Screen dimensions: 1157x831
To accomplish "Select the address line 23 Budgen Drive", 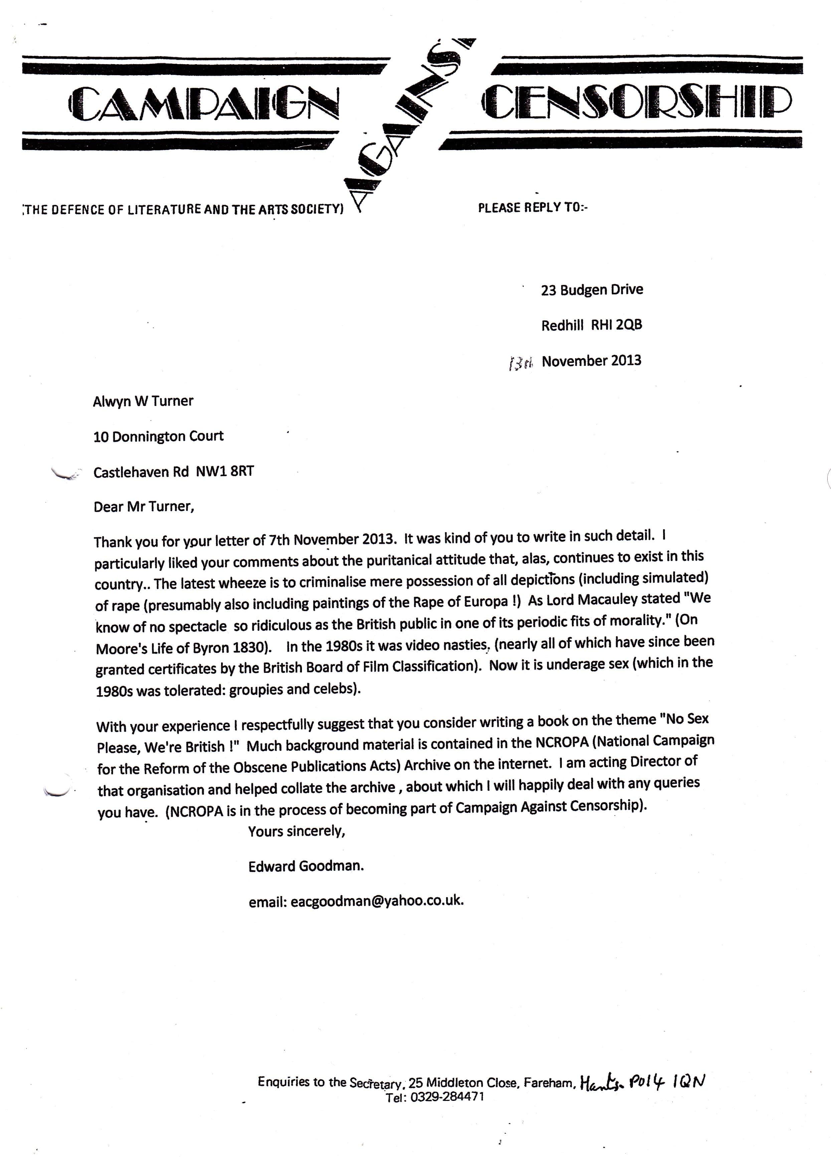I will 592,290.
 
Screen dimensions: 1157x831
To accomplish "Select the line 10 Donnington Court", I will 158,436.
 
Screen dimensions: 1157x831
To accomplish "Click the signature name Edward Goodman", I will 306,866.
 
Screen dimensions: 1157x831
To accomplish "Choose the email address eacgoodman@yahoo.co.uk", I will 377,901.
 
